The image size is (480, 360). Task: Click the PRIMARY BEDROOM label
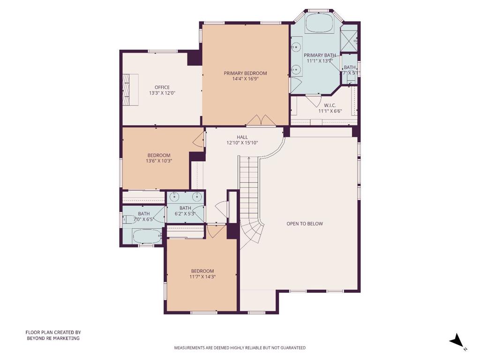tap(245, 73)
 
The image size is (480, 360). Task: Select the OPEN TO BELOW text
tap(305, 224)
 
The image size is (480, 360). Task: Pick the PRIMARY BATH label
tap(321, 55)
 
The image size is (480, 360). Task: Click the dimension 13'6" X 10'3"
tap(159, 161)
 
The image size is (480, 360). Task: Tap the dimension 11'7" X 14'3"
tap(202, 277)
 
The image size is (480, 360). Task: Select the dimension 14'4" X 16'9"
tap(245, 79)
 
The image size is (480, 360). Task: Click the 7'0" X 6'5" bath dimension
tap(144, 219)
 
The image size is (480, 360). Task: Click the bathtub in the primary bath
tap(319, 23)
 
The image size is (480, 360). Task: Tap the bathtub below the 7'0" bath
tap(147, 236)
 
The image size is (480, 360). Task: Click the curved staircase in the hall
tap(251, 202)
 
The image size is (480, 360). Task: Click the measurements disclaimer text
tap(240, 348)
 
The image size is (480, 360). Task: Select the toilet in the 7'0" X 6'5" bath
tap(127, 219)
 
